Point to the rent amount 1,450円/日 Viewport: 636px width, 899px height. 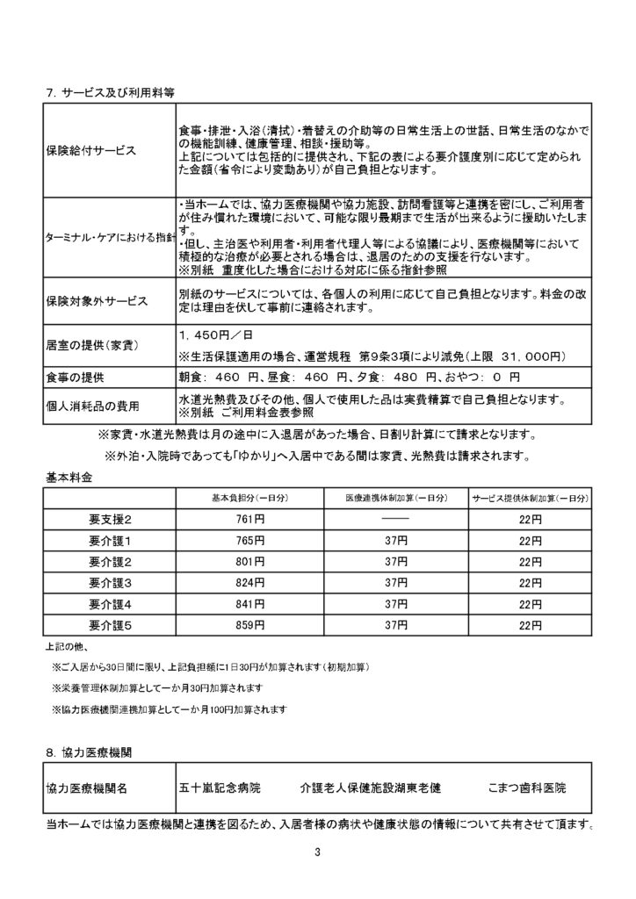coord(210,334)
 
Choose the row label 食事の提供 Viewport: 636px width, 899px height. coord(81,377)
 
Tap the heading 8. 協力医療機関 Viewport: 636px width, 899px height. coord(90,752)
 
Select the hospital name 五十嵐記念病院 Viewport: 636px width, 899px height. coord(220,788)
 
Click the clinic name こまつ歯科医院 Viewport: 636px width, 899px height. coord(527,788)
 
